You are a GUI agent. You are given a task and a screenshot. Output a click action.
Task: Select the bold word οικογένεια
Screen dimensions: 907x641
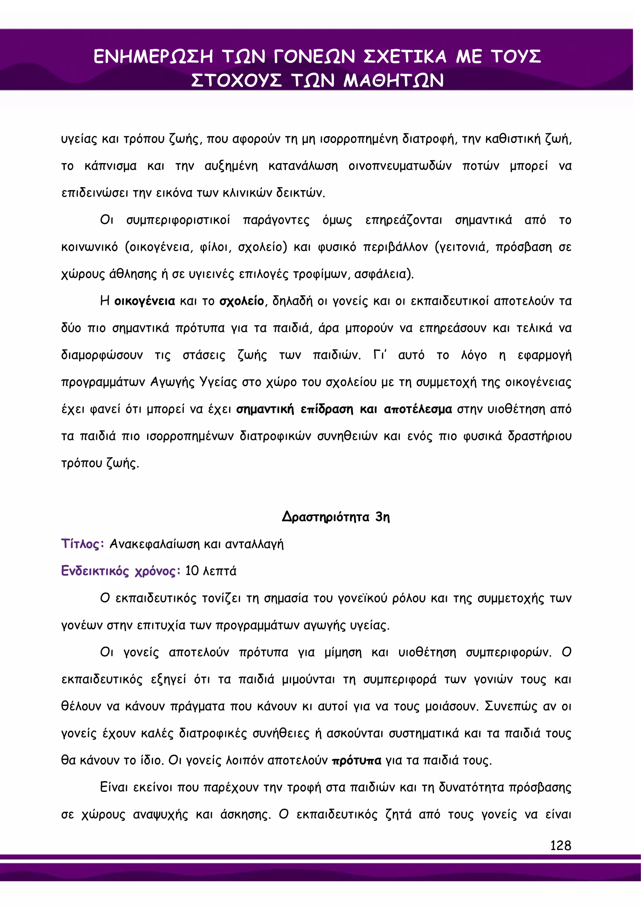(x=145, y=301)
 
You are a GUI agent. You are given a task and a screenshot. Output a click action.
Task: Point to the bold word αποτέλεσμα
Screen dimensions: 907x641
(x=418, y=409)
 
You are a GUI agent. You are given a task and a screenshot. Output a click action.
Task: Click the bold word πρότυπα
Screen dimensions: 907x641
(x=356, y=760)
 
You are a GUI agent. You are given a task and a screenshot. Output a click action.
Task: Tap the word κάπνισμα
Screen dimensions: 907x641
(x=110, y=166)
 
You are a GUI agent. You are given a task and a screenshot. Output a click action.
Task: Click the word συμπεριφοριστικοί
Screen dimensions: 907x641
(x=178, y=220)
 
